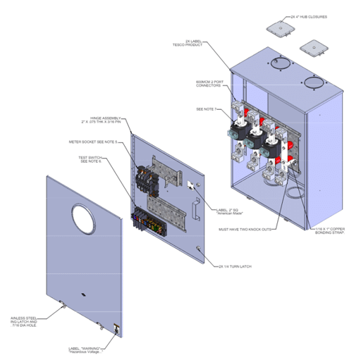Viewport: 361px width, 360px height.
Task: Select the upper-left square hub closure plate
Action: pyautogui.click(x=279, y=29)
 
